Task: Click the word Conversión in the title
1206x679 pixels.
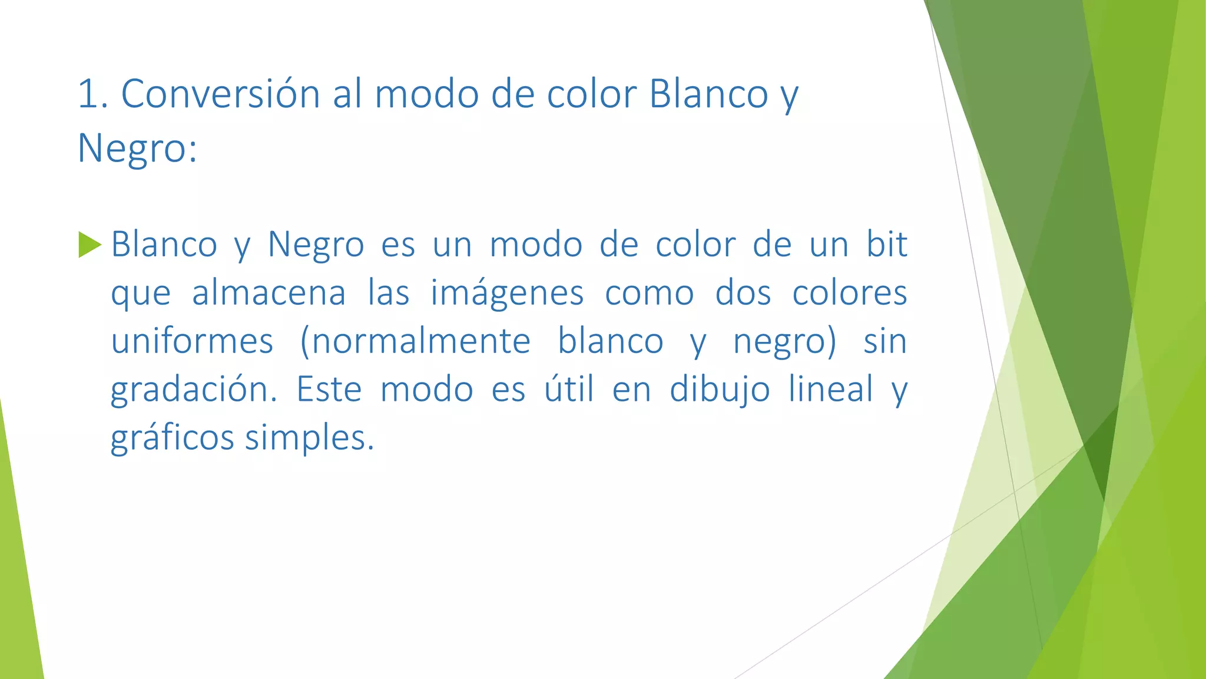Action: click(220, 94)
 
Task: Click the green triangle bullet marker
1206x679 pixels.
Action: click(90, 245)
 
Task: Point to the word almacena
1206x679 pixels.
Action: click(269, 293)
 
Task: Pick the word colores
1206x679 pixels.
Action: click(849, 293)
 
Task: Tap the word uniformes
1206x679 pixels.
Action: click(192, 341)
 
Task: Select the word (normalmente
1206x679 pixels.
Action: click(415, 341)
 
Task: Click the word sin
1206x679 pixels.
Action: click(885, 341)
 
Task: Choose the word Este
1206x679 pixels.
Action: click(329, 390)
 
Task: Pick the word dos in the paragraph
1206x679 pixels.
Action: click(743, 293)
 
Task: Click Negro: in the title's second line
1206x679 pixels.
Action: click(137, 149)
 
